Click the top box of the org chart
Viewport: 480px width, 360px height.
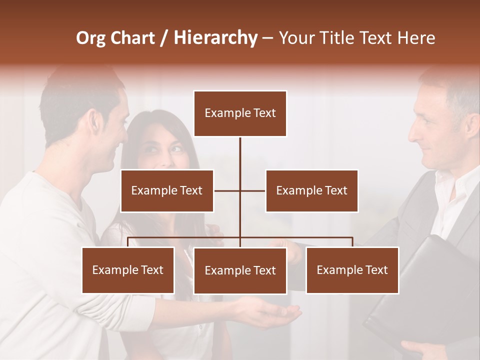[x=240, y=113]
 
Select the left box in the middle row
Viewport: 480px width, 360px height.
[x=167, y=190]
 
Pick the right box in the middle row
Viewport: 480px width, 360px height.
[x=311, y=190]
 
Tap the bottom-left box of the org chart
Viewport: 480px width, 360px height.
[x=128, y=270]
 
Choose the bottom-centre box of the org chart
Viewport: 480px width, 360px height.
[x=240, y=270]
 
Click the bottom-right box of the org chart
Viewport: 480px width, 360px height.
[x=352, y=270]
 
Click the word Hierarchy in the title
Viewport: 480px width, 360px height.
[x=215, y=38]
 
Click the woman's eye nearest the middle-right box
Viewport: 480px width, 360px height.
[x=176, y=148]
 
